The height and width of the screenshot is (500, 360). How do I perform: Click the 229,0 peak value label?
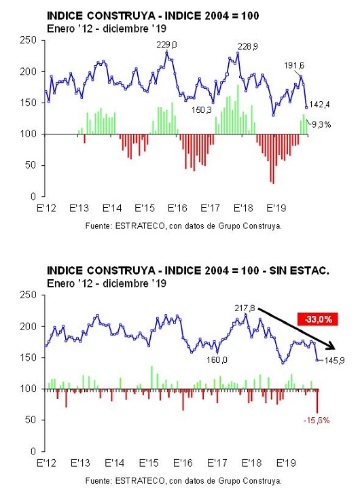click(166, 45)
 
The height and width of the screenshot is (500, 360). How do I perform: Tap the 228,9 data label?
click(247, 47)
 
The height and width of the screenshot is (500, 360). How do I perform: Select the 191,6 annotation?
click(294, 66)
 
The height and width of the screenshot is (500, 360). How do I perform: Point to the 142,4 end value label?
click(319, 105)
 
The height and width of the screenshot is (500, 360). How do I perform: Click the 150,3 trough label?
click(201, 110)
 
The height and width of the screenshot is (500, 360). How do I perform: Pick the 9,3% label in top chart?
click(321, 125)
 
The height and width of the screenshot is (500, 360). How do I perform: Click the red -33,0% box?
click(318, 319)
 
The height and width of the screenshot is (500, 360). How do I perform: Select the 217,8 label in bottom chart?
click(245, 308)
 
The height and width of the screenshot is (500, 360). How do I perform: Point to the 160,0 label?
click(217, 360)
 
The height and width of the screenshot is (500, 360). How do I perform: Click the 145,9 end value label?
click(334, 361)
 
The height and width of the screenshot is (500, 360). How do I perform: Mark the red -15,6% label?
click(317, 421)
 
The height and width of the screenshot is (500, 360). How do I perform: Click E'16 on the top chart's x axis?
click(177, 209)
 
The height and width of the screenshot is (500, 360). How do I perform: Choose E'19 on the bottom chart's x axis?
click(286, 463)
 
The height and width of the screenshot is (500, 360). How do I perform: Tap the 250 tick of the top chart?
click(29, 40)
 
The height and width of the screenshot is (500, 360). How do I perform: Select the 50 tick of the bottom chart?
click(31, 420)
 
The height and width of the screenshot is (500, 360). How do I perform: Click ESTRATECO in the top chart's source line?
click(140, 226)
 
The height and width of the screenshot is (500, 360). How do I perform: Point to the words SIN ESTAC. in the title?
click(299, 271)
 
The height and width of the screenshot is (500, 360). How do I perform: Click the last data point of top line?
click(306, 107)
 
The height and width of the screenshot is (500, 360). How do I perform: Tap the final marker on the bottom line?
click(317, 360)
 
